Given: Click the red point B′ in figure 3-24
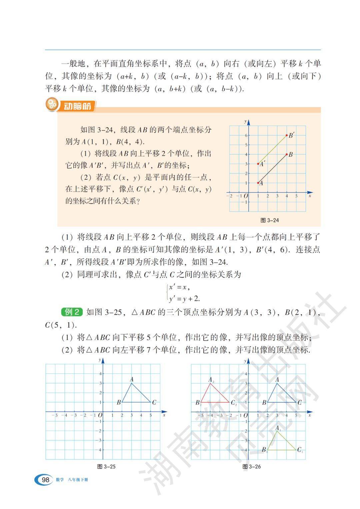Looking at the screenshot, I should (x=287, y=135).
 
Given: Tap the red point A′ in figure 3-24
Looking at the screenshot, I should (x=258, y=164).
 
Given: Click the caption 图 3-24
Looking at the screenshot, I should (x=269, y=220).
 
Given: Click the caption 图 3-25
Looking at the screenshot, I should (x=106, y=466).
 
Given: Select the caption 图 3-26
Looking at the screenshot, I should (x=252, y=466).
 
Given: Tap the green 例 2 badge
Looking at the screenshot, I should (x=72, y=312).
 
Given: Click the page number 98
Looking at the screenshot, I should (x=45, y=480).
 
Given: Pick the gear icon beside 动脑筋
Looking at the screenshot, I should (x=52, y=105).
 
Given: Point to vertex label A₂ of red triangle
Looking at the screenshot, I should (x=211, y=380).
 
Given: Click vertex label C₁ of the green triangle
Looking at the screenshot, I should (x=300, y=450).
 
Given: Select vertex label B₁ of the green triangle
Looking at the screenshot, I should (x=264, y=450).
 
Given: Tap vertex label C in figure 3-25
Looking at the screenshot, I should (x=154, y=403).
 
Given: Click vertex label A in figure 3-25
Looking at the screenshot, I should (x=132, y=379).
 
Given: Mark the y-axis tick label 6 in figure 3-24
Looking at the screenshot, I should (x=246, y=135).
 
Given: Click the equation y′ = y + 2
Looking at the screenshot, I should (x=184, y=299).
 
